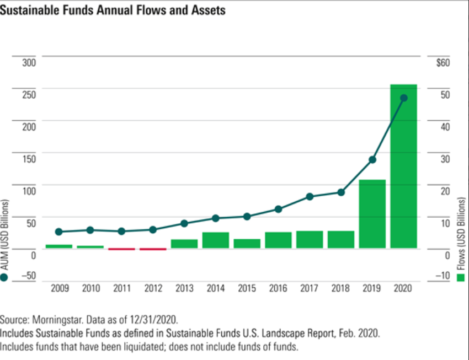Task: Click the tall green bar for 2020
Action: pyautogui.click(x=403, y=166)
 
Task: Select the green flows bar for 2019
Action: pyautogui.click(x=372, y=214)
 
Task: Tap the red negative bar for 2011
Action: pyautogui.click(x=121, y=249)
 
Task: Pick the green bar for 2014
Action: pyautogui.click(x=215, y=240)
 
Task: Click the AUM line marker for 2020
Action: pyautogui.click(x=404, y=98)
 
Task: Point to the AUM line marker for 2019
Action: pyautogui.click(x=372, y=160)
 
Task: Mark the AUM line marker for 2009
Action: pyautogui.click(x=59, y=232)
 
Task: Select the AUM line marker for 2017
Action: pyautogui.click(x=310, y=197)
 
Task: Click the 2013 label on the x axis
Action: pyautogui.click(x=184, y=288)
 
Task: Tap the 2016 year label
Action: pyautogui.click(x=278, y=288)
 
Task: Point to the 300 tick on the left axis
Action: pyautogui.click(x=29, y=62)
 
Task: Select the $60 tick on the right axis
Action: pyautogui.click(x=443, y=62)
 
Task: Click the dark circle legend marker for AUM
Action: pyautogui.click(x=5, y=277)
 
